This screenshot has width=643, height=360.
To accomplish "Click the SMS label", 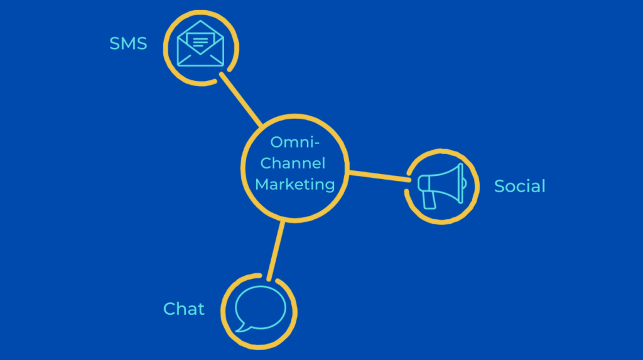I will [x=128, y=43].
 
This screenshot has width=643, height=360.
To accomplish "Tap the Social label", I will [x=519, y=186].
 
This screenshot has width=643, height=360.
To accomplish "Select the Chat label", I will [x=184, y=308].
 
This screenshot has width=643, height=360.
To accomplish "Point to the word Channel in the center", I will [x=293, y=163].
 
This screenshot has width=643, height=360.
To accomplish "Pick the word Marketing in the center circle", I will [x=294, y=184].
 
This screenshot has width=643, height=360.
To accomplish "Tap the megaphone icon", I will [x=442, y=185].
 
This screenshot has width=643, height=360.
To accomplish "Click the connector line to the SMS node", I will [x=241, y=99].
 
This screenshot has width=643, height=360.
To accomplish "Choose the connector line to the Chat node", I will [x=276, y=250].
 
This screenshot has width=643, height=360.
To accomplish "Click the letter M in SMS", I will [x=128, y=43].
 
